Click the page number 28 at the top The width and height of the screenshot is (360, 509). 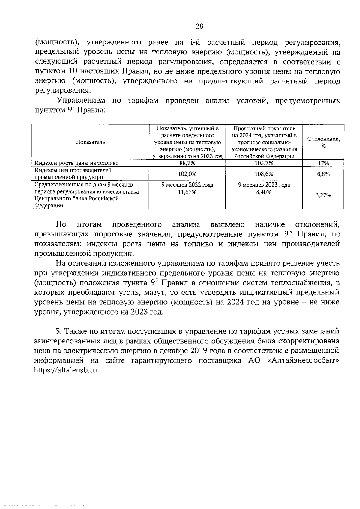tap(199, 26)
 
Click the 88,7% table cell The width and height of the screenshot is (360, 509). tap(187, 163)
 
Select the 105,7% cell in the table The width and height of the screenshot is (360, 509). tap(264, 163)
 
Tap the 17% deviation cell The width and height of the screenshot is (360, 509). tap(323, 164)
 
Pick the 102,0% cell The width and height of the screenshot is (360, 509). tap(187, 174)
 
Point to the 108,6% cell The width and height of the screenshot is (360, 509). tap(264, 174)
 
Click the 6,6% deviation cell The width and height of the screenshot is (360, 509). tap(323, 174)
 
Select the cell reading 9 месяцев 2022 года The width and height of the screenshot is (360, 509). tap(187, 185)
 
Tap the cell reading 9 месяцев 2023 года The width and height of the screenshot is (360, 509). tap(264, 185)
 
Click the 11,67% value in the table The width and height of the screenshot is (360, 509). tap(187, 192)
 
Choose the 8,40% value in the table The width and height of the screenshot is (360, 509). tap(264, 192)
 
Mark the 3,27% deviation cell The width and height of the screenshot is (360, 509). tap(323, 195)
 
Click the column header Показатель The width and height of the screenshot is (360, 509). tap(90, 142)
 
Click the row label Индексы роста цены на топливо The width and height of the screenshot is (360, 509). tap(76, 163)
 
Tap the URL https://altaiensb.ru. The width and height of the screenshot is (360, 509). tap(67, 370)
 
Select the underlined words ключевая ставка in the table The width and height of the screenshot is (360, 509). tap(118, 192)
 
